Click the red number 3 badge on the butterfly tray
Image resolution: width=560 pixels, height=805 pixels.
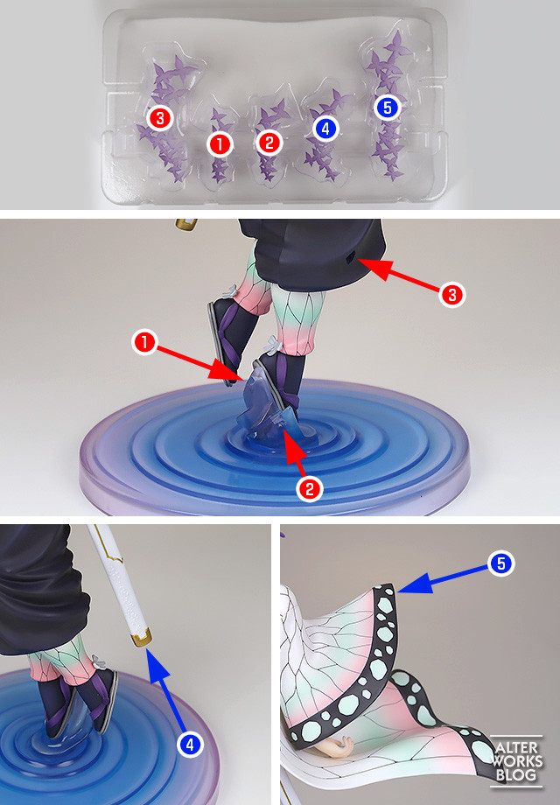pyautogui.click(x=159, y=118)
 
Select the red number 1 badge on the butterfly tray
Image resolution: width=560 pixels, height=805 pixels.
pyautogui.click(x=220, y=144)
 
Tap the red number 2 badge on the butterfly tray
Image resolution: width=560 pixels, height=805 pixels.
pyautogui.click(x=269, y=143)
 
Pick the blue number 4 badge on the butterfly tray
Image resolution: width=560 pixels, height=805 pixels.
pyautogui.click(x=325, y=129)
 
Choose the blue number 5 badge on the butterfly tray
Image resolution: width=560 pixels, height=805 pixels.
pyautogui.click(x=388, y=108)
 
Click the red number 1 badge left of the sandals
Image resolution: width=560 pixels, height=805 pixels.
pyautogui.click(x=144, y=342)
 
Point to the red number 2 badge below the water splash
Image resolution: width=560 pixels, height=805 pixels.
pyautogui.click(x=310, y=488)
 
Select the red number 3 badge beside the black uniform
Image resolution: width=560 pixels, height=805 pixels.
pyautogui.click(x=452, y=295)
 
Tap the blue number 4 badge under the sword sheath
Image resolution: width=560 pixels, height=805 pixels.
pyautogui.click(x=191, y=744)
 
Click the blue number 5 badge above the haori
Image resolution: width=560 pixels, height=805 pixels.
pyautogui.click(x=501, y=563)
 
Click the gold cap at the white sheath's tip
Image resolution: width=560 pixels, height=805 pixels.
pyautogui.click(x=141, y=640)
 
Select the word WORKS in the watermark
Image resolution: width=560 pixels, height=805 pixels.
pyautogui.click(x=517, y=760)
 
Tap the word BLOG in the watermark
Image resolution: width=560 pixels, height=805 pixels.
pyautogui.click(x=516, y=774)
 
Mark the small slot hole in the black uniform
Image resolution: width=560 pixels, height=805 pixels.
pyautogui.click(x=352, y=256)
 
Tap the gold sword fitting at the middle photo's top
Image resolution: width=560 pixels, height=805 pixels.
pyautogui.click(x=186, y=224)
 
